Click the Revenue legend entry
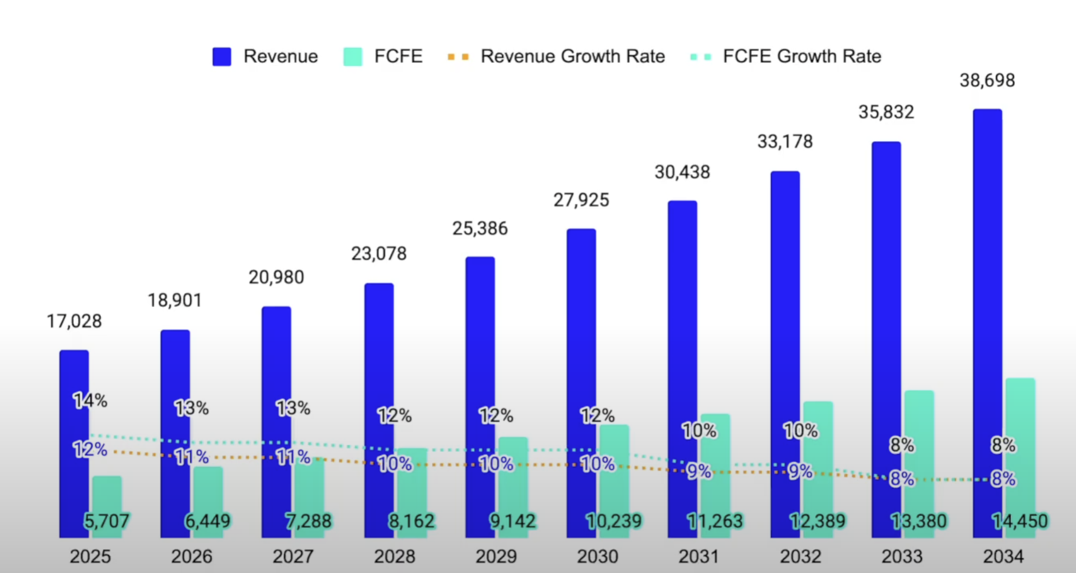(x=266, y=57)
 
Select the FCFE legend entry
(x=383, y=57)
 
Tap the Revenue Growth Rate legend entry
(x=556, y=57)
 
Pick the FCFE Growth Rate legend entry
(x=786, y=57)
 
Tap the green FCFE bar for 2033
(x=919, y=434)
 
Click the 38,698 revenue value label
(x=987, y=80)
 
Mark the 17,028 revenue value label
(x=74, y=321)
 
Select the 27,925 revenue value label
(x=581, y=200)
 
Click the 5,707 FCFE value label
(x=106, y=521)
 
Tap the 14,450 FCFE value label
(x=1020, y=521)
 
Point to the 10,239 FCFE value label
(x=613, y=521)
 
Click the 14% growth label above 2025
(x=90, y=400)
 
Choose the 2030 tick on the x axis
(x=597, y=556)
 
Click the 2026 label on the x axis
(x=191, y=556)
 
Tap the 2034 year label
(x=1003, y=556)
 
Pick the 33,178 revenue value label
(x=785, y=142)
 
